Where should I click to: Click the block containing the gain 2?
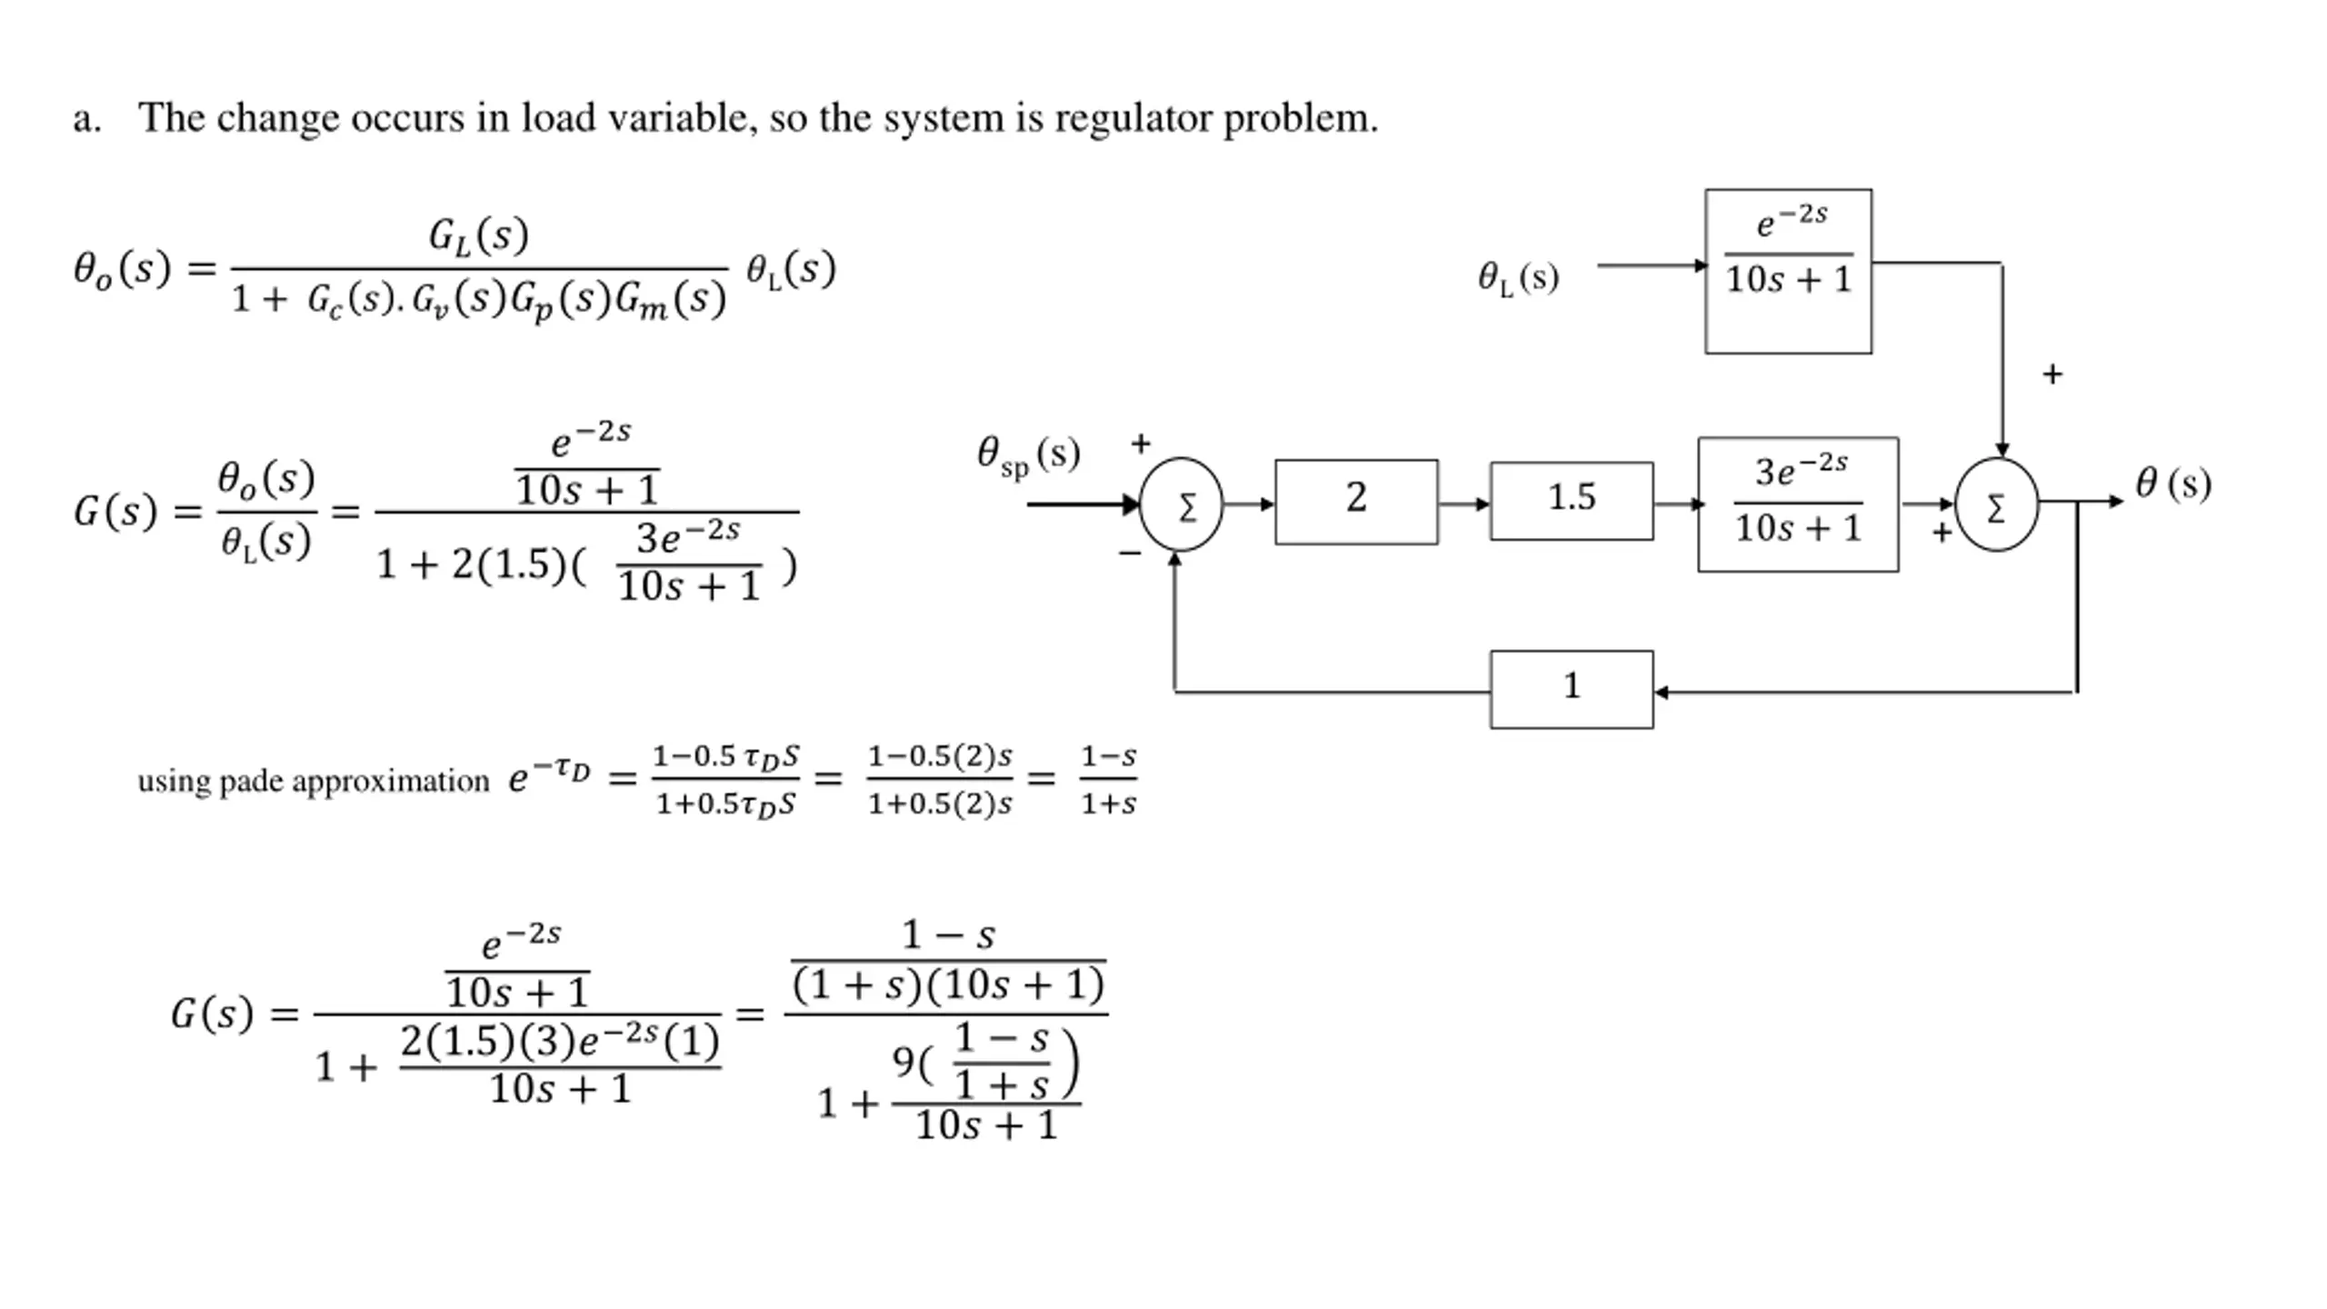point(1356,502)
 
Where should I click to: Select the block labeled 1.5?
point(1572,501)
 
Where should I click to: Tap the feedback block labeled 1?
point(1572,689)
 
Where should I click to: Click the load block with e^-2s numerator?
point(1788,271)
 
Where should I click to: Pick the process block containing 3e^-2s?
point(1798,505)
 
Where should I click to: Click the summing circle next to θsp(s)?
point(1181,505)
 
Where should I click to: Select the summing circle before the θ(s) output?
point(1996,505)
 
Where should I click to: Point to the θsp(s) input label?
point(1028,455)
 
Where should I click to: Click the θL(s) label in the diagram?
point(1518,277)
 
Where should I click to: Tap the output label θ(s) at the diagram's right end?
point(2173,483)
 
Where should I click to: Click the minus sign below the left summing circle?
point(1130,553)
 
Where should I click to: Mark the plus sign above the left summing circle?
point(1141,444)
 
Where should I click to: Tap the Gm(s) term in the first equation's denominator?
point(671,300)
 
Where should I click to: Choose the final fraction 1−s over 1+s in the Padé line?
point(1108,780)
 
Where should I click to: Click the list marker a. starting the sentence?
point(87,119)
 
